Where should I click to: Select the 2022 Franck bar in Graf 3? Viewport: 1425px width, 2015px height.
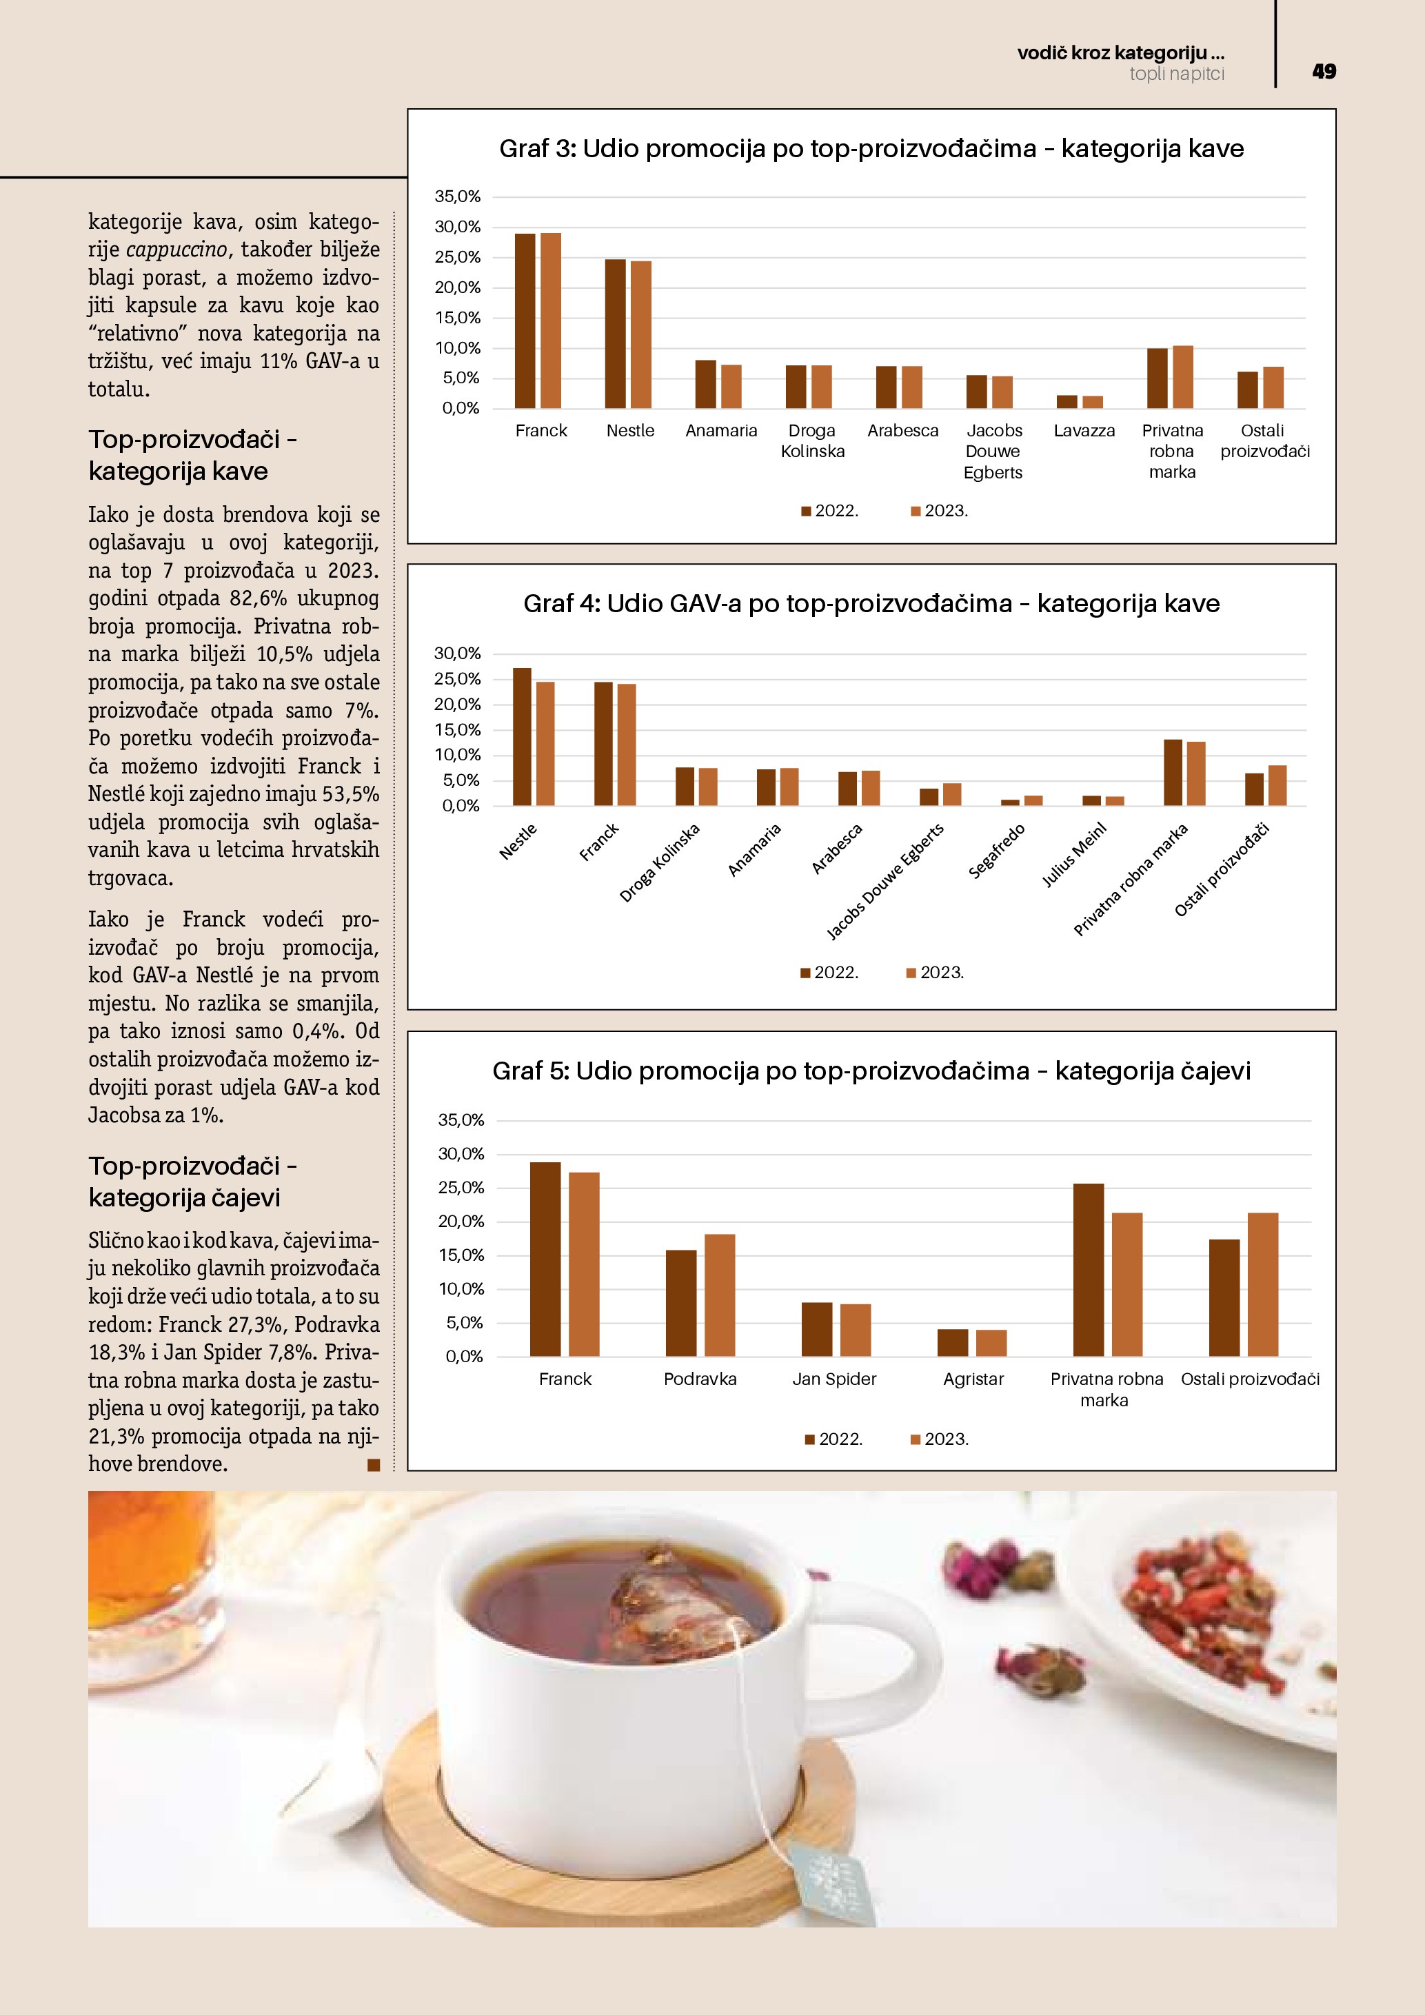pos(525,321)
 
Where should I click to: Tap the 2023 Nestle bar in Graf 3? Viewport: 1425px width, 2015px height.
pos(641,334)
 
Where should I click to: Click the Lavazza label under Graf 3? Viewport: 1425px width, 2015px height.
pos(1084,431)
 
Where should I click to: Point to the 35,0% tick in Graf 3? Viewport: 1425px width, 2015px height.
pos(458,196)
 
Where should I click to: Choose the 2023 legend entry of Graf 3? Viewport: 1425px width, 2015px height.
pos(940,511)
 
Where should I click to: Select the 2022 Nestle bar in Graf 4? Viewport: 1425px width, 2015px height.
pos(522,736)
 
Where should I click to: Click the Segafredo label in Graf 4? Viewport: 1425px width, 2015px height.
pos(997,851)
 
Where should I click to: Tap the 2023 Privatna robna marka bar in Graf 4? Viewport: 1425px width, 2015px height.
pos(1196,773)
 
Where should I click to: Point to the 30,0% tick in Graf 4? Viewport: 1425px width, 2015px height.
pos(457,653)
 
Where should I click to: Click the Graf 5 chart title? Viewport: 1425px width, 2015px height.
pos(871,1071)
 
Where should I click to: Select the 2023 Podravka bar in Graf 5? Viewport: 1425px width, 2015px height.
pos(720,1295)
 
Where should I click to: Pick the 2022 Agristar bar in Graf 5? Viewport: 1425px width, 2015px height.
pos(952,1343)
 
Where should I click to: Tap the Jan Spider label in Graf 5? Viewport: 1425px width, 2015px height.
pos(833,1379)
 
